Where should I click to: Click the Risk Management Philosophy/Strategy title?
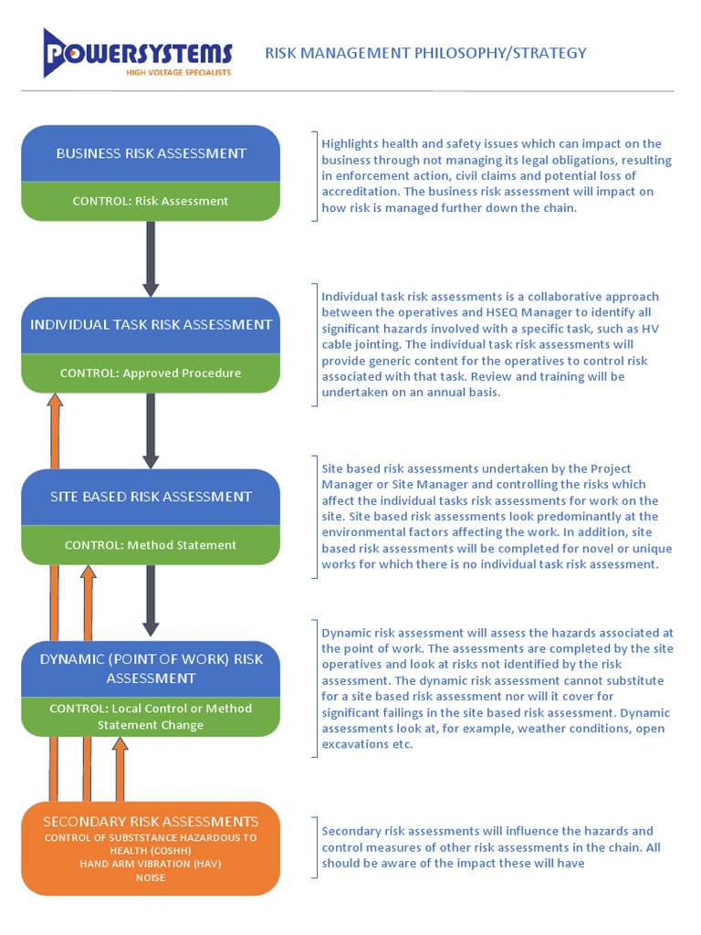coord(425,53)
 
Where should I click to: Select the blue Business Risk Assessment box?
coord(151,153)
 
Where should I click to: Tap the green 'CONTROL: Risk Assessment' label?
coord(151,201)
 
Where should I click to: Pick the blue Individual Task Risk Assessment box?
coord(151,325)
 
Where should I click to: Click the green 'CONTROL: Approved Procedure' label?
coord(151,373)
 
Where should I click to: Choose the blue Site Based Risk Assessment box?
coord(151,497)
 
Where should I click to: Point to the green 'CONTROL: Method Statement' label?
coord(151,545)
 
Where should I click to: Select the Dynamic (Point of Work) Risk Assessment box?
coord(151,668)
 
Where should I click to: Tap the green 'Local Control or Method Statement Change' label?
coord(151,717)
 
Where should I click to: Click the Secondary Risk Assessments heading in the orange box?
coord(151,822)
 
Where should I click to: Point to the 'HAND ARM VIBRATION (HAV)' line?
coord(151,863)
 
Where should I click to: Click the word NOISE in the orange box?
coord(151,877)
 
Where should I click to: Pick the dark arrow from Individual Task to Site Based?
coord(151,429)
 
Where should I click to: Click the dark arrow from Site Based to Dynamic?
coord(151,601)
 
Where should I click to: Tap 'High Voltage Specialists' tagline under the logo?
coord(178,71)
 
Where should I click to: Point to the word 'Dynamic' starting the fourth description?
coord(348,632)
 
